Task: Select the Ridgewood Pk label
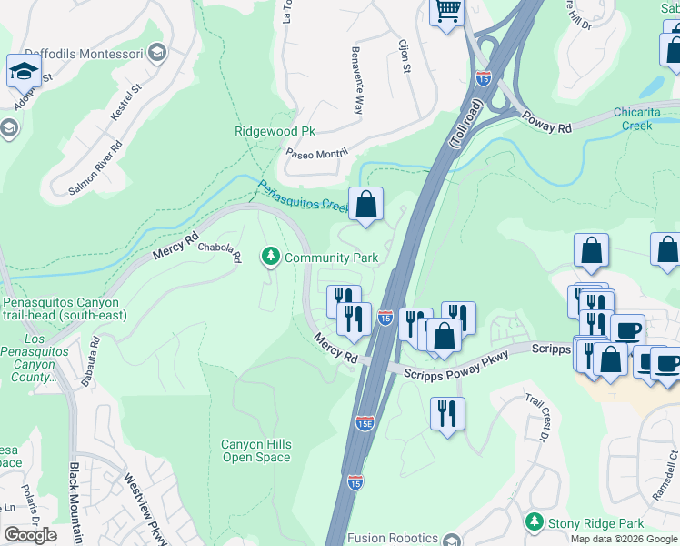point(275,131)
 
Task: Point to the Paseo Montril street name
point(317,154)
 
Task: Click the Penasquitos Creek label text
point(303,197)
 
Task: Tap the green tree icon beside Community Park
point(270,258)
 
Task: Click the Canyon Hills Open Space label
point(256,450)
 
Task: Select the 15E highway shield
point(365,424)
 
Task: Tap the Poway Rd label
point(546,123)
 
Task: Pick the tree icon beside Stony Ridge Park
point(535,523)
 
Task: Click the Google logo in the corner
point(30,535)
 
